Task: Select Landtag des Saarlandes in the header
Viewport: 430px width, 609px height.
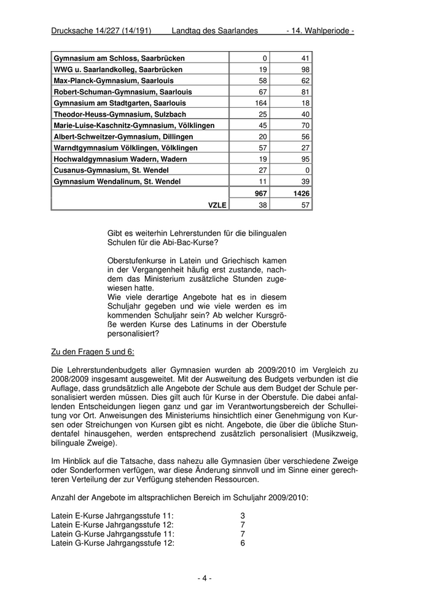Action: (x=214, y=31)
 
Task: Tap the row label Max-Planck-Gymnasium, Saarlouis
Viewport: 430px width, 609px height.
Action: (x=114, y=81)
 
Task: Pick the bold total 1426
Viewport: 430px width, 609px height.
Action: (x=300, y=193)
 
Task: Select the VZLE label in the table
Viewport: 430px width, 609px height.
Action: (x=217, y=205)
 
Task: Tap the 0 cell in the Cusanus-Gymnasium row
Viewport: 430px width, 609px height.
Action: (x=307, y=170)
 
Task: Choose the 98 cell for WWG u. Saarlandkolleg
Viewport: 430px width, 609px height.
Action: (x=305, y=70)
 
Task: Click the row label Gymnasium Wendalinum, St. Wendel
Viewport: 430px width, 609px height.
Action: (x=117, y=181)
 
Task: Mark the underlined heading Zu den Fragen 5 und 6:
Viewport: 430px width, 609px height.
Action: (x=92, y=352)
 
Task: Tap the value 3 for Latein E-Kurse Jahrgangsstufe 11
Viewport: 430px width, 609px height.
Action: (x=243, y=515)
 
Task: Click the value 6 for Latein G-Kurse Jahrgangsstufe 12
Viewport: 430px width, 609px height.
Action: (x=243, y=543)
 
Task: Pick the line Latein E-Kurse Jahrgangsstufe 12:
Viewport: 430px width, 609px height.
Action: (x=112, y=525)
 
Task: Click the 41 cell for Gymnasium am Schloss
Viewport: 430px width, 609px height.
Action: (x=305, y=58)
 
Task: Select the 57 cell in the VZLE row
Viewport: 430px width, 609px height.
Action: (x=305, y=205)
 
